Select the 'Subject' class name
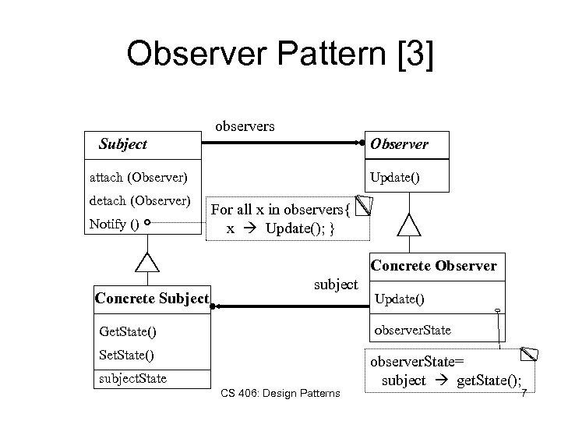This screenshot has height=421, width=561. pyautogui.click(x=122, y=144)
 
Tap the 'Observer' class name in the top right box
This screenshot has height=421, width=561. pyautogui.click(x=399, y=144)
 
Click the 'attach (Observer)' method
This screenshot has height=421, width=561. pyautogui.click(x=134, y=178)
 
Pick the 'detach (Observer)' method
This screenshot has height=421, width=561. pyautogui.click(x=139, y=202)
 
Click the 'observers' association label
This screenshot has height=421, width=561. pyautogui.click(x=244, y=125)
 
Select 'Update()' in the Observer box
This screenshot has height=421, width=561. pyautogui.click(x=394, y=178)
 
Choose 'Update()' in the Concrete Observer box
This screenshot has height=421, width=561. pyautogui.click(x=400, y=299)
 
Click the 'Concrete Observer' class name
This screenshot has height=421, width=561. pyautogui.click(x=433, y=266)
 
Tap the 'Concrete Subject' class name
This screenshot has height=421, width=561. pyautogui.click(x=151, y=299)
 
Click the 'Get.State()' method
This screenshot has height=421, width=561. pyautogui.click(x=128, y=332)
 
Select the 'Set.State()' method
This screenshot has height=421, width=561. pyautogui.click(x=126, y=356)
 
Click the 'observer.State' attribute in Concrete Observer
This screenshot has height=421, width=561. pyautogui.click(x=412, y=330)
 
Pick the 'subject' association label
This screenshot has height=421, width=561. pyautogui.click(x=336, y=285)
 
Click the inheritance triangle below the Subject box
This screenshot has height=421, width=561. pyautogui.click(x=146, y=262)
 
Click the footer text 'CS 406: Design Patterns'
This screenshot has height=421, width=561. pyautogui.click(x=280, y=393)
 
